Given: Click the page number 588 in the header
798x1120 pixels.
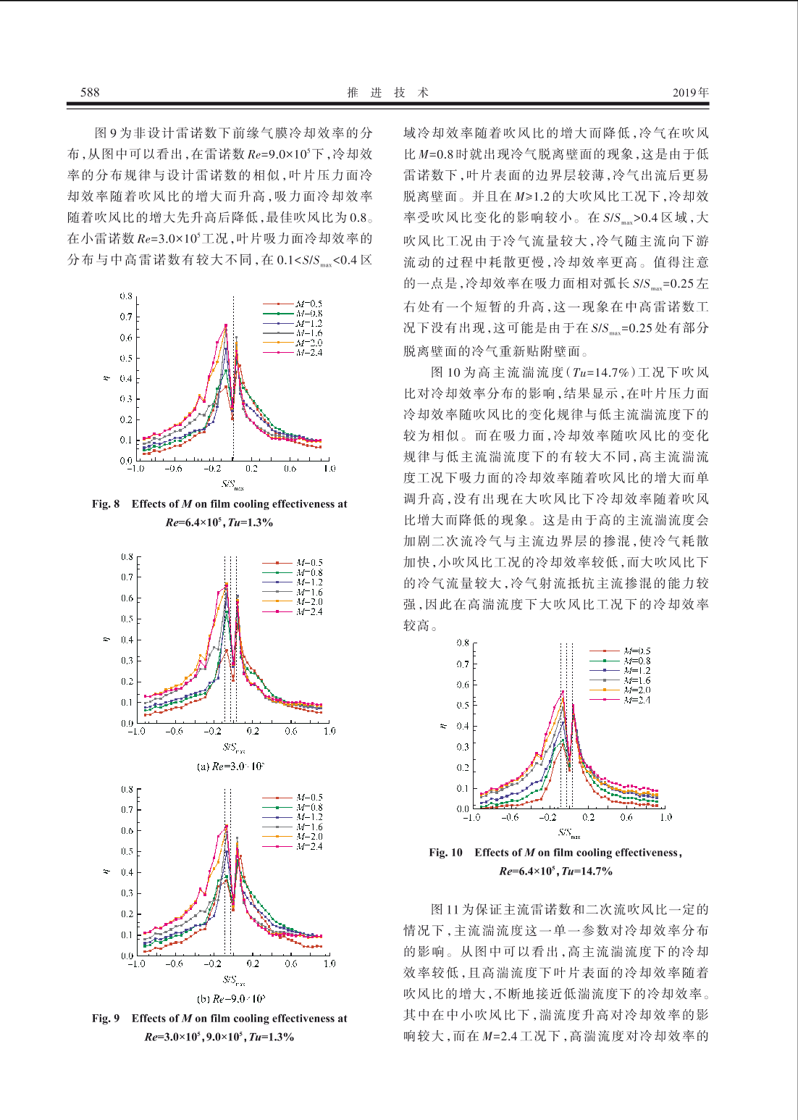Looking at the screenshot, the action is (90, 93).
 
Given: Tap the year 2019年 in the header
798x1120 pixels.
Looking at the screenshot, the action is (691, 93).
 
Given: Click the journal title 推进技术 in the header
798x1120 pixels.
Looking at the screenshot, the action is (388, 93).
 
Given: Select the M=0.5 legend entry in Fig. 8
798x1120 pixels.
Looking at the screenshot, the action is (293, 304).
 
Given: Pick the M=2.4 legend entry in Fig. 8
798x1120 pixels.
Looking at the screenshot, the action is (293, 353).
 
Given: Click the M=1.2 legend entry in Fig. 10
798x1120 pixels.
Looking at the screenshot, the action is (620, 671).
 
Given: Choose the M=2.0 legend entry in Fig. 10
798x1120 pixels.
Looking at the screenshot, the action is (620, 690).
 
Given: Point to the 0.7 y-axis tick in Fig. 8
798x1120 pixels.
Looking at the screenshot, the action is (126, 317).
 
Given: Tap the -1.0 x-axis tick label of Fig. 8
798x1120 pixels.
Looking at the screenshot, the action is (135, 469).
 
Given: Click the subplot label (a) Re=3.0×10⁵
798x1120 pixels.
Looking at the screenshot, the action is (231, 766).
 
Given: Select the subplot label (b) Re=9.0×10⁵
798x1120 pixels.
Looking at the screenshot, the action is (231, 999).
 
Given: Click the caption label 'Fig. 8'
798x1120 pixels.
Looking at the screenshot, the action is (106, 504).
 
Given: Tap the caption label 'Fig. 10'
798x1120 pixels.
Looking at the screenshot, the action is (446, 853).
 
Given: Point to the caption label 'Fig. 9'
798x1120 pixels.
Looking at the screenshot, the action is (106, 1019).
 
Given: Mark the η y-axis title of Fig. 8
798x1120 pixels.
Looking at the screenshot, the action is (106, 377).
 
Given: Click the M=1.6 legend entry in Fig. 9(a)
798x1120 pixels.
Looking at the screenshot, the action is (293, 593).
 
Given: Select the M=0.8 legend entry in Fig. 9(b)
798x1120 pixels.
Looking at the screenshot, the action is (293, 808).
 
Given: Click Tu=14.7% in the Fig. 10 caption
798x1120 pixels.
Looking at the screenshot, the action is (587, 872).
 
